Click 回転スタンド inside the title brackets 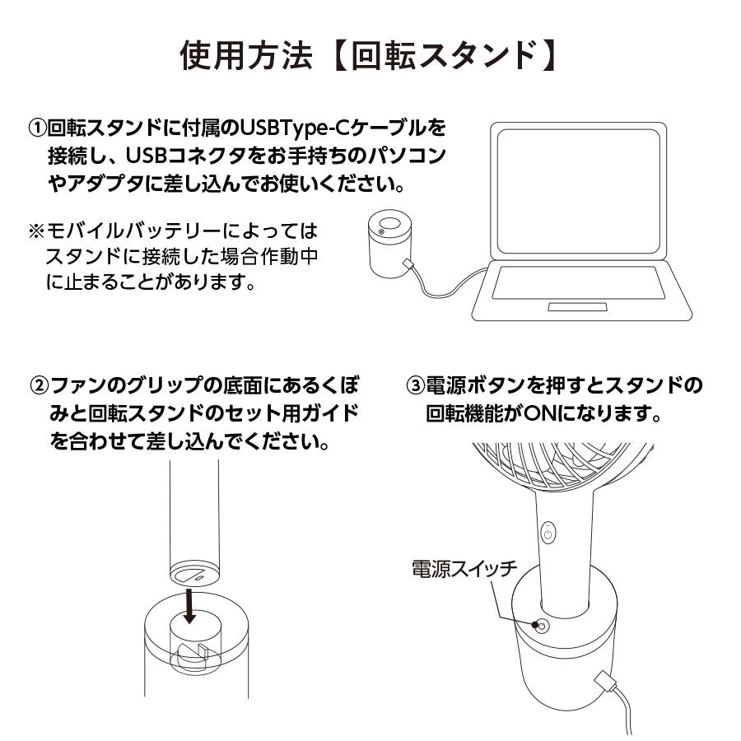tap(442, 55)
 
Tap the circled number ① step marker tap(37, 129)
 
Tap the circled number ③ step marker tap(417, 386)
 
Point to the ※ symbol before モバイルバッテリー tap(36, 227)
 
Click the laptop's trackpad tap(580, 307)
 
